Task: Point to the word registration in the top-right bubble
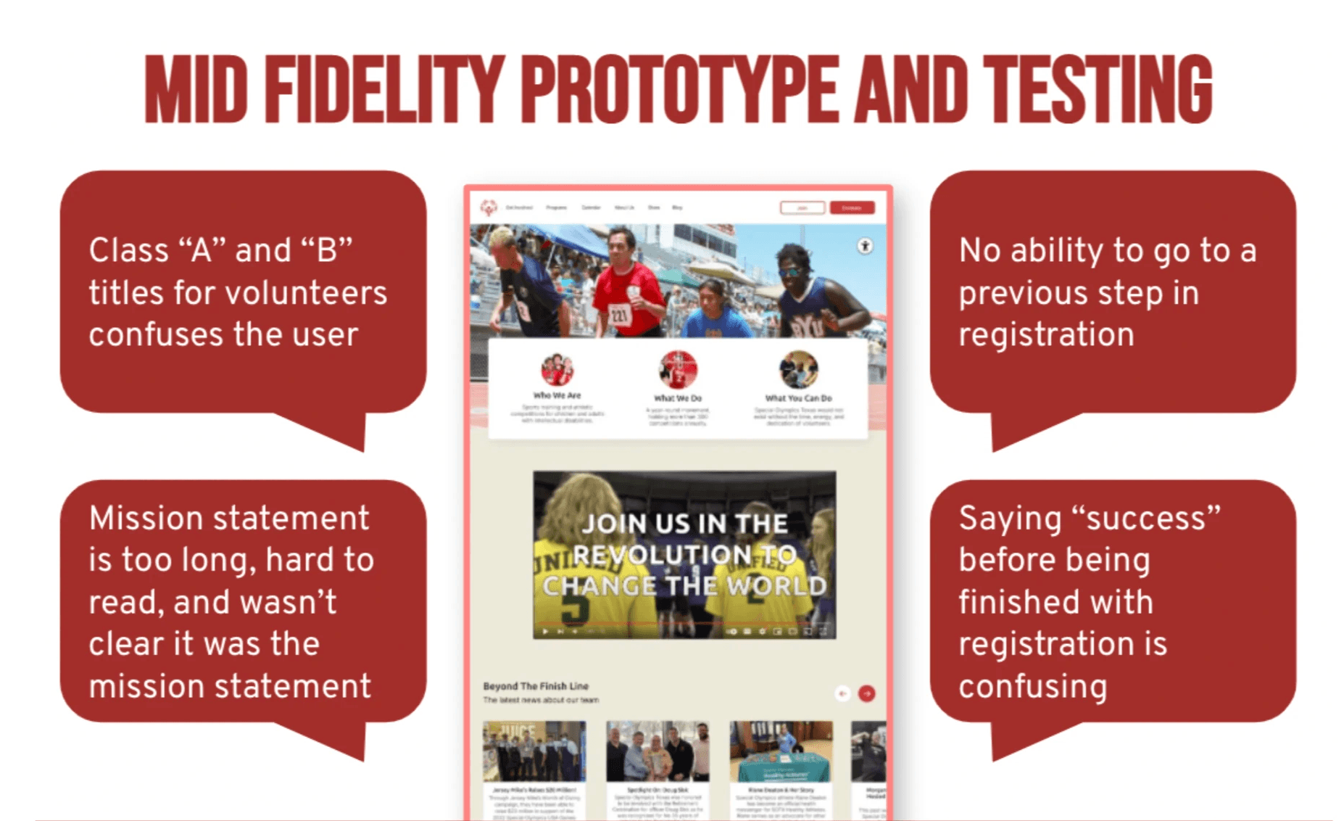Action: pyautogui.click(x=1046, y=335)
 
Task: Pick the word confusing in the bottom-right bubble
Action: pyautogui.click(x=1032, y=686)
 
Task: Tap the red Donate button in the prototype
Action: pyautogui.click(x=852, y=208)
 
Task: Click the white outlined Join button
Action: pyautogui.click(x=802, y=208)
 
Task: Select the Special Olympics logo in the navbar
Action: pyautogui.click(x=489, y=208)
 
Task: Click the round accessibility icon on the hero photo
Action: pyautogui.click(x=865, y=246)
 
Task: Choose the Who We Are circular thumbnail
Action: pyautogui.click(x=557, y=369)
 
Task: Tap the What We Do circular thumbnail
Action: pyautogui.click(x=678, y=369)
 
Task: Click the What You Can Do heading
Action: pyautogui.click(x=798, y=398)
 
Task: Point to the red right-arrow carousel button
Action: pyautogui.click(x=866, y=694)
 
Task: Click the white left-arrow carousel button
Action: pyautogui.click(x=842, y=694)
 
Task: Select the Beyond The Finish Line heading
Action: pyautogui.click(x=536, y=686)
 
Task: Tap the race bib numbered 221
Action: pyautogui.click(x=619, y=315)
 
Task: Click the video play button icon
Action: pyautogui.click(x=545, y=632)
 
